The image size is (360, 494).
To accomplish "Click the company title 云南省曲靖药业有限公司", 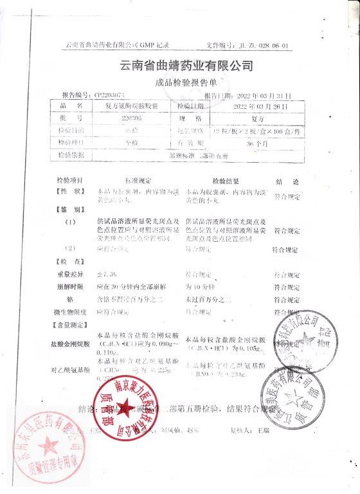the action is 186,66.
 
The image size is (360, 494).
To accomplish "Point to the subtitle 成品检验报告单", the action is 187,83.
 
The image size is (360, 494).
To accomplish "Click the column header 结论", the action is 283,182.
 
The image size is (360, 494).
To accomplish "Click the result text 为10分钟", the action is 198,287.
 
